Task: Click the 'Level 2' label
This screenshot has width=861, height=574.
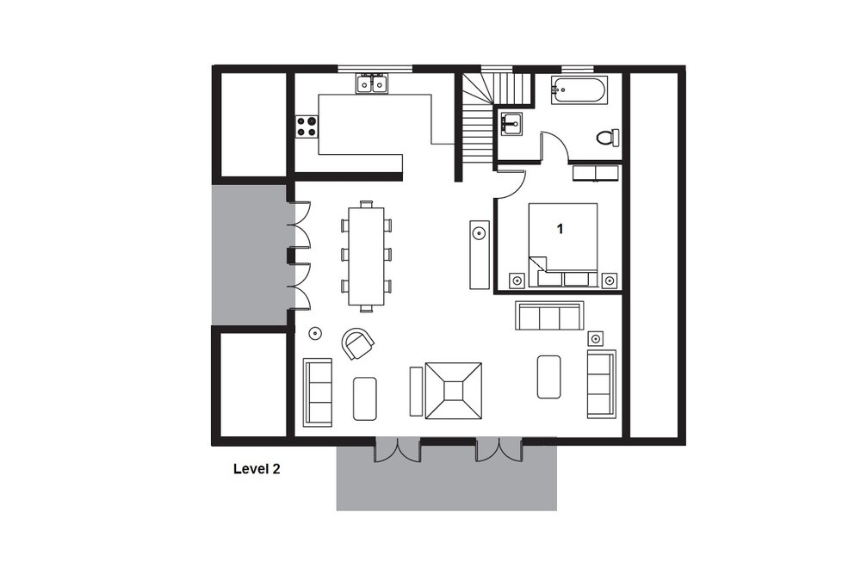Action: pyautogui.click(x=257, y=469)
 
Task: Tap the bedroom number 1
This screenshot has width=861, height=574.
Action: pyautogui.click(x=561, y=228)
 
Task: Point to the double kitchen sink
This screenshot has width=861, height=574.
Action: pyautogui.click(x=371, y=83)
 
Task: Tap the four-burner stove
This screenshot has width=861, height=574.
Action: pyautogui.click(x=307, y=126)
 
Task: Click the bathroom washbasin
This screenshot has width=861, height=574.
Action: pyautogui.click(x=511, y=123)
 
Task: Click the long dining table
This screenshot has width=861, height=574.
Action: pyautogui.click(x=366, y=256)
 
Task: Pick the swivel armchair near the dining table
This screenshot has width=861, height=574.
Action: pyautogui.click(x=357, y=343)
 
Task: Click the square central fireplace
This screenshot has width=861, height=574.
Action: pyautogui.click(x=454, y=391)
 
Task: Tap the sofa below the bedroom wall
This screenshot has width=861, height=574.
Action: pyautogui.click(x=549, y=316)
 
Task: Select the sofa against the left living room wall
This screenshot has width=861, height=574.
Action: pyautogui.click(x=318, y=392)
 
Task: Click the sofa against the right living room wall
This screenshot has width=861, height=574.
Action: pyautogui.click(x=601, y=384)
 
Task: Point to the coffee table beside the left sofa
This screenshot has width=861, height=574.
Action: pyautogui.click(x=364, y=398)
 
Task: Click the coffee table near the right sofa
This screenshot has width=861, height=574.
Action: pyautogui.click(x=549, y=376)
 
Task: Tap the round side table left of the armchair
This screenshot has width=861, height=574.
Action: pyautogui.click(x=315, y=333)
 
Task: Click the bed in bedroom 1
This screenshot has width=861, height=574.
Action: pyautogui.click(x=563, y=244)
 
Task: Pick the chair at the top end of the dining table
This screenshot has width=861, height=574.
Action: pyautogui.click(x=366, y=204)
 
